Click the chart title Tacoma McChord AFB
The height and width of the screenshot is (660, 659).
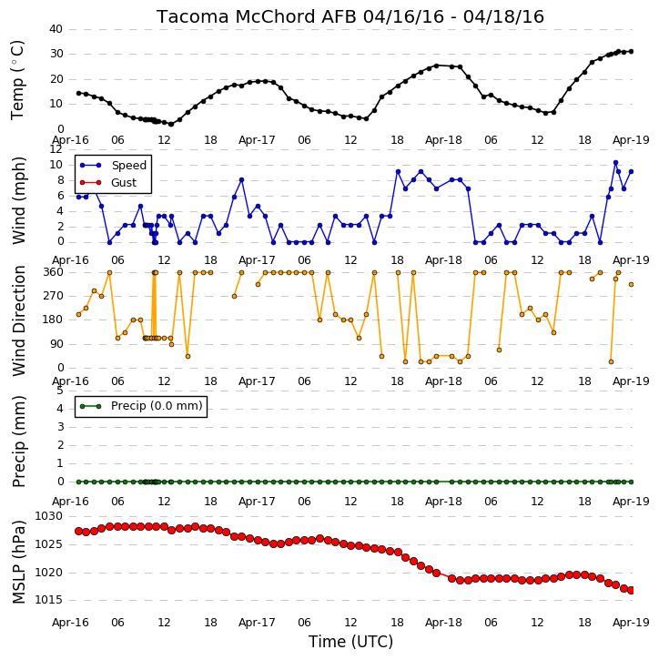pos(258,17)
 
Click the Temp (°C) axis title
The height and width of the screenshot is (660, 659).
pos(17,80)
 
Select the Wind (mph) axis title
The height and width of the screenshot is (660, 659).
pos(18,200)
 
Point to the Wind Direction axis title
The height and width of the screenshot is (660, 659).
pos(19,320)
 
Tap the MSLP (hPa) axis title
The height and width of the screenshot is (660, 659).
pos(19,562)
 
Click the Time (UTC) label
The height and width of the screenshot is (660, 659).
pos(350,642)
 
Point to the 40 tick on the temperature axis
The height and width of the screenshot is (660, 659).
pos(56,29)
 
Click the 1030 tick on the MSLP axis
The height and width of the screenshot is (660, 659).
pos(48,516)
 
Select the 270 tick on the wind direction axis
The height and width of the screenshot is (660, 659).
pos(54,296)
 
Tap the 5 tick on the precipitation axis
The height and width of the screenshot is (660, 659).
pos(60,391)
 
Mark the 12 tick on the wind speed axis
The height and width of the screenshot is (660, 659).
pos(56,149)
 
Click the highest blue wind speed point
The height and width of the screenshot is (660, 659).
pos(615,162)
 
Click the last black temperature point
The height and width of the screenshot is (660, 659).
pos(631,51)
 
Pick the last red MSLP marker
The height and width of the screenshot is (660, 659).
pos(631,591)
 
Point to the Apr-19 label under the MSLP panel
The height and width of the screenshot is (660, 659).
pos(631,623)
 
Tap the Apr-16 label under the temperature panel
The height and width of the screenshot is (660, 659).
pos(70,140)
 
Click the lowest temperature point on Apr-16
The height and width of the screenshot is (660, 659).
pos(171,124)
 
